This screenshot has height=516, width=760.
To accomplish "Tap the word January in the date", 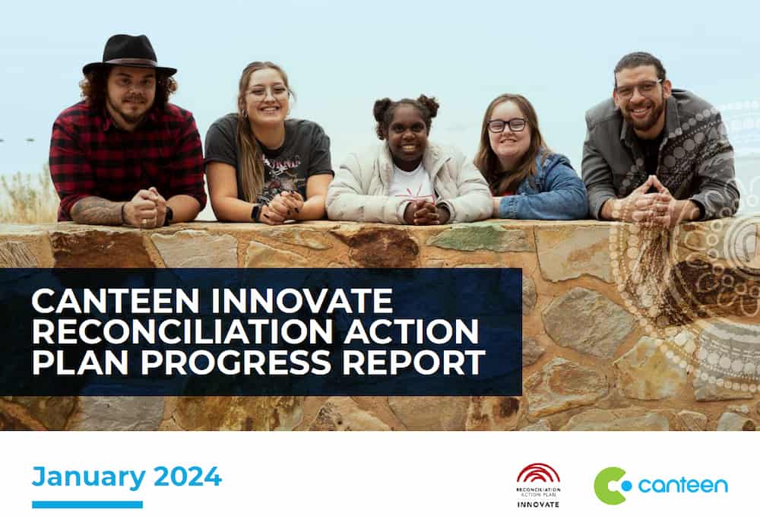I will click(88, 476).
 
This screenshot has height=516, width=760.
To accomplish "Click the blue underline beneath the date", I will click(87, 505).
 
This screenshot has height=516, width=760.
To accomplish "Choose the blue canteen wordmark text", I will click(682, 486).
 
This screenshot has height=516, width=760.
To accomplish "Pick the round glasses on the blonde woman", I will click(268, 93).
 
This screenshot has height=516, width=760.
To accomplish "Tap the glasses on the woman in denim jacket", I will click(506, 125).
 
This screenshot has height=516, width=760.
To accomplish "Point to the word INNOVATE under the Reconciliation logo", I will click(538, 504).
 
